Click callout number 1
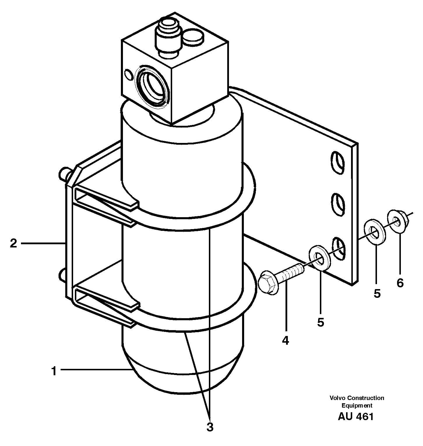pyautogui.click(x=54, y=371)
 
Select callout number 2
pyautogui.click(x=13, y=243)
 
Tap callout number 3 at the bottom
pyautogui.click(x=210, y=427)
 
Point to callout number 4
pyautogui.click(x=285, y=340)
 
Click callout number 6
pyautogui.click(x=400, y=282)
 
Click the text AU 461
pyautogui.click(x=355, y=417)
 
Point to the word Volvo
pyautogui.click(x=337, y=398)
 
